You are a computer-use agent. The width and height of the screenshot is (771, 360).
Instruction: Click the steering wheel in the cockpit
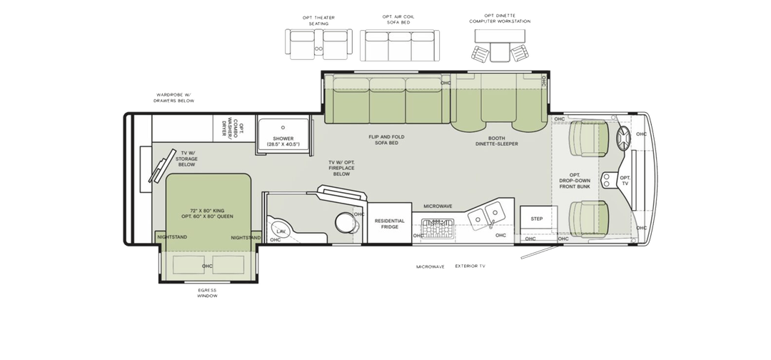click(x=623, y=139)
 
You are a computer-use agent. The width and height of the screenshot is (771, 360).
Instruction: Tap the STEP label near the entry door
click(x=536, y=219)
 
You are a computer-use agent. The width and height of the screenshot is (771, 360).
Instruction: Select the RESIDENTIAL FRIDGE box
click(x=390, y=224)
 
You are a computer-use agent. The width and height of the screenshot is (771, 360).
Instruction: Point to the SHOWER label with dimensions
click(x=283, y=141)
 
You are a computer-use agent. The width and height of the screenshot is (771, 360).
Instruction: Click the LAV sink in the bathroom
click(x=280, y=230)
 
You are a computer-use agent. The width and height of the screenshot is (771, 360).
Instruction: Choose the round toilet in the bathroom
click(x=347, y=222)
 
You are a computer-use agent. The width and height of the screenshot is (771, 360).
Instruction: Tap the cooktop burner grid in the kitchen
click(x=438, y=229)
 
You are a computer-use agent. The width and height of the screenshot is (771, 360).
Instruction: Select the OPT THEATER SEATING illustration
click(x=318, y=44)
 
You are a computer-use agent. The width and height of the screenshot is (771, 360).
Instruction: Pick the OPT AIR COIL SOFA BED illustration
click(x=400, y=45)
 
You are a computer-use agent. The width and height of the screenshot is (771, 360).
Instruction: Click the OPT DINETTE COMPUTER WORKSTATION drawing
click(x=500, y=45)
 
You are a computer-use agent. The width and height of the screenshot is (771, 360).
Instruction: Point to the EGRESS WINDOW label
click(x=207, y=293)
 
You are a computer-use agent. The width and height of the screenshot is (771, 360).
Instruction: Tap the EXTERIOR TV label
click(x=470, y=266)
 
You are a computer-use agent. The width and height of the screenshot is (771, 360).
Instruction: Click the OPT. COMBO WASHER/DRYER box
click(x=234, y=128)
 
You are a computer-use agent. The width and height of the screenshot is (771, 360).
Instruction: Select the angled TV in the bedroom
click(x=162, y=166)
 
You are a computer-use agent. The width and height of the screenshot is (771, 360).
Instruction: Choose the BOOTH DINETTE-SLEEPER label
click(x=496, y=141)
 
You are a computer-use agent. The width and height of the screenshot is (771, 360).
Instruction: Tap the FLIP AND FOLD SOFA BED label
click(x=386, y=140)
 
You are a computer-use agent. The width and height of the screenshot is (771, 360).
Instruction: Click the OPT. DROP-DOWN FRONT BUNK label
click(x=574, y=181)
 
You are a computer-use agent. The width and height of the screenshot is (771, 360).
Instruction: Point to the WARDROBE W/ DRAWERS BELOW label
click(x=173, y=98)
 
